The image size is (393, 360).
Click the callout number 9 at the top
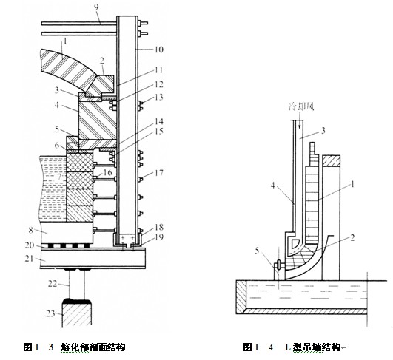tap(96, 7)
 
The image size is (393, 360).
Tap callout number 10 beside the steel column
tap(158, 50)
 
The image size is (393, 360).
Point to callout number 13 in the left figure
tap(159, 97)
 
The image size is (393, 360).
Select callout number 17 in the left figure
tap(159, 173)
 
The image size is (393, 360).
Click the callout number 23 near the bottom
tap(50, 313)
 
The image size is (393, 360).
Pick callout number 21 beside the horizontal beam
tap(29, 259)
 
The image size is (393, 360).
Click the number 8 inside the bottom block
tap(30, 230)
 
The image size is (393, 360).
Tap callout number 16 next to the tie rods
tap(108, 172)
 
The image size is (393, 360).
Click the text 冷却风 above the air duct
tap(300, 106)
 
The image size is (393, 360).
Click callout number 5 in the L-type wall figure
tap(257, 251)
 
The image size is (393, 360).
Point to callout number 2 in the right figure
tap(352, 237)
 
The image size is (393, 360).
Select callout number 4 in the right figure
tap(272, 186)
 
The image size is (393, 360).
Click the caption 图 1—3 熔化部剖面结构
tap(74, 347)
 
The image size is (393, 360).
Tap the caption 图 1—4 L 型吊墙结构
tap(293, 347)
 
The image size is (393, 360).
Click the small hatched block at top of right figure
tap(331, 161)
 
